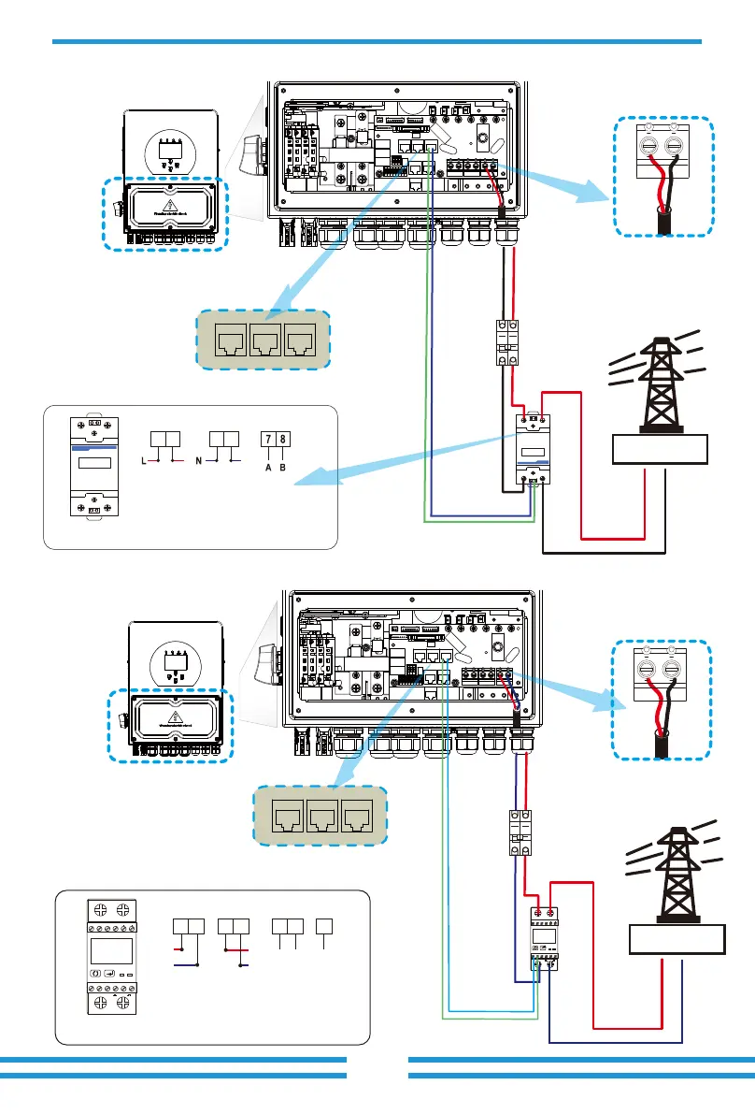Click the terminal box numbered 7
click(x=267, y=439)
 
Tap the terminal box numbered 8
click(x=281, y=439)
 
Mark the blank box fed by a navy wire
click(x=677, y=938)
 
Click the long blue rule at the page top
click(x=377, y=41)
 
